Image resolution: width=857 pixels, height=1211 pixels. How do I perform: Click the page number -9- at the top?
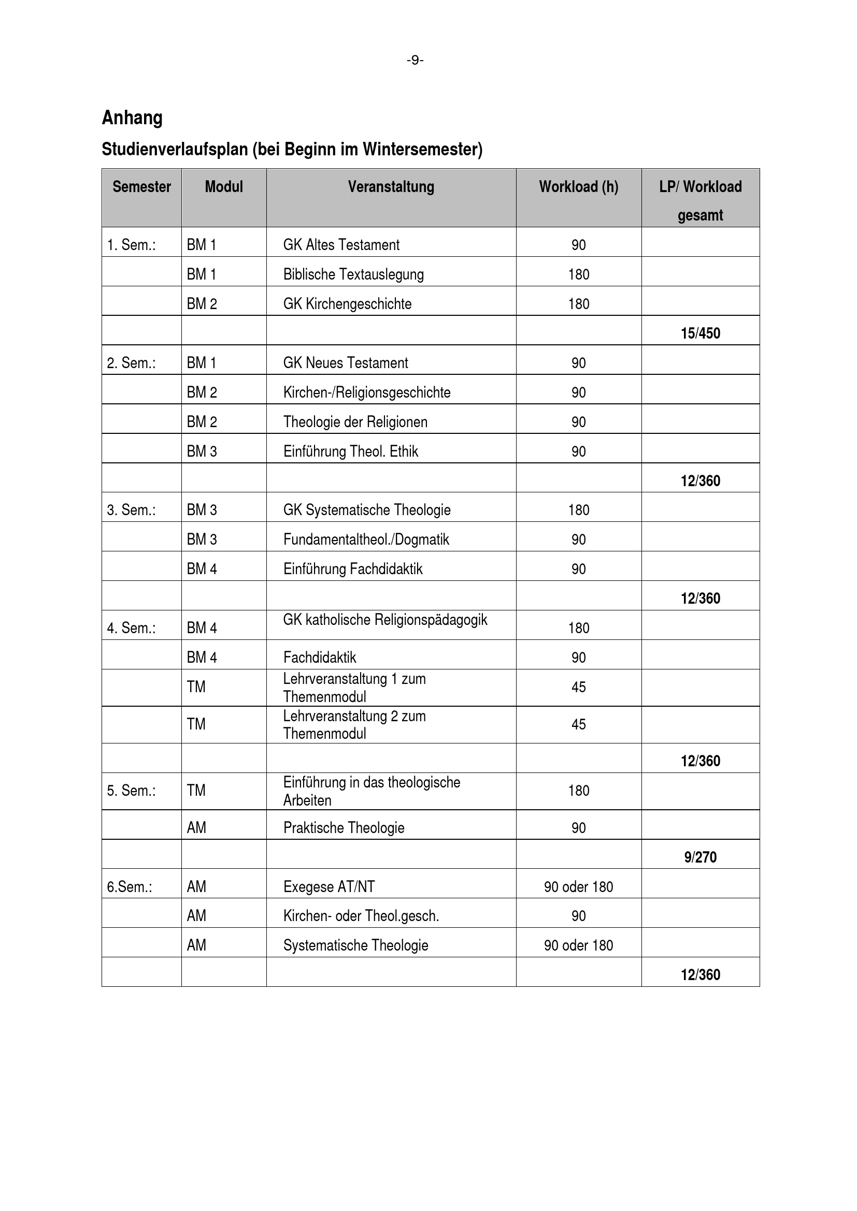415,61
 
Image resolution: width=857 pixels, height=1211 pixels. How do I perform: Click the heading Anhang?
132,118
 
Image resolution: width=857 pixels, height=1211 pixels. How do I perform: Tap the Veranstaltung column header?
391,187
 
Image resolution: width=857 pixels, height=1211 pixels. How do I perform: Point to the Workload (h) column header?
578,187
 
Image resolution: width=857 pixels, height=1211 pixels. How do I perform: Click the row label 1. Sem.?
132,245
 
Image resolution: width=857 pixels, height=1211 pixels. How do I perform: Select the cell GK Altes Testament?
341,245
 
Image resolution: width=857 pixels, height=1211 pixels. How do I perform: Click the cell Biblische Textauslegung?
353,274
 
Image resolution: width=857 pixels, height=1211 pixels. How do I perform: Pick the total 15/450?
701,333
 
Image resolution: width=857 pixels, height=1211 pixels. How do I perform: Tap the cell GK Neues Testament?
346,363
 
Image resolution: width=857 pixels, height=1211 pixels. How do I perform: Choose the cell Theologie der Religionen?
355,422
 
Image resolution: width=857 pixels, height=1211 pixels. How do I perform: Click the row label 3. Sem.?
132,510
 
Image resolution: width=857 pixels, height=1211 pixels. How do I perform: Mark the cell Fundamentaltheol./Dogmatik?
366,539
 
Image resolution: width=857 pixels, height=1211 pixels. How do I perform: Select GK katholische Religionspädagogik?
385,620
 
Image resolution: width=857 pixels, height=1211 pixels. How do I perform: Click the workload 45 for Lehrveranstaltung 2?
578,724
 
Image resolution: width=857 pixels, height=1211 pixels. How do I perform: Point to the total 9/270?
701,857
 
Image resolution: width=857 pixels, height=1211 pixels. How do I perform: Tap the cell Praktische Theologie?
344,827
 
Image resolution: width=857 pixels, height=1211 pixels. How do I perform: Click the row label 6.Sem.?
130,886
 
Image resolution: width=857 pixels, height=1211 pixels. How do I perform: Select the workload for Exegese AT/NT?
578,886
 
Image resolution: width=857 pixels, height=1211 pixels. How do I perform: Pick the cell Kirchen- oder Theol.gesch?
361,916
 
